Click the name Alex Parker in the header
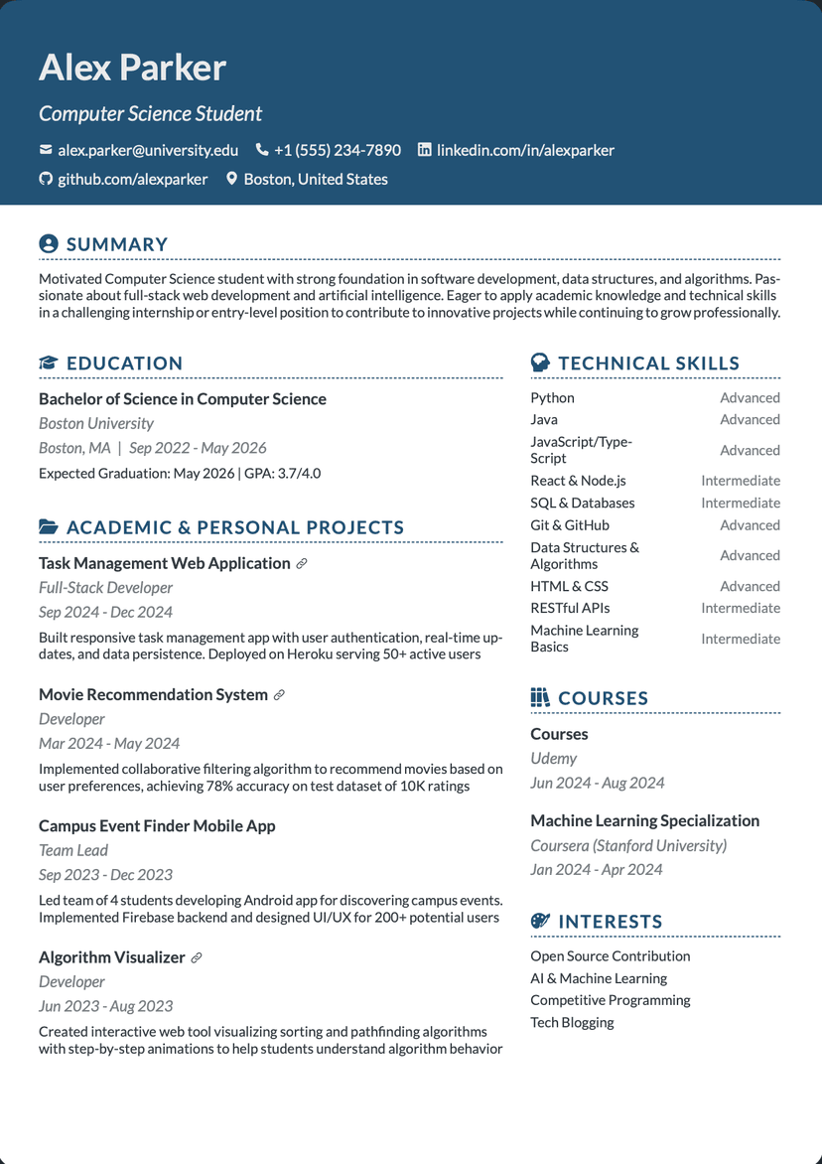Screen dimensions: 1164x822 (132, 68)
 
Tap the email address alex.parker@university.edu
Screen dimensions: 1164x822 (148, 150)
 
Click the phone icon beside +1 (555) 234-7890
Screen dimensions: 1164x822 (262, 150)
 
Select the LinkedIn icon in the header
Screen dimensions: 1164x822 (425, 150)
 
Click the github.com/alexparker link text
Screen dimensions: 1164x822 (132, 179)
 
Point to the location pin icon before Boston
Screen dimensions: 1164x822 (232, 179)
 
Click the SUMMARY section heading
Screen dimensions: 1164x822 (117, 244)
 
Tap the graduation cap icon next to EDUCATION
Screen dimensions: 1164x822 (48, 364)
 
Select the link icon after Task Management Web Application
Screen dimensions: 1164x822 (302, 564)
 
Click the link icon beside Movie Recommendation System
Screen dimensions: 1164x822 (279, 695)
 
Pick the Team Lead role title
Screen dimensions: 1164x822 (73, 850)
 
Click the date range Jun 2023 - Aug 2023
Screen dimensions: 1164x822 (105, 1005)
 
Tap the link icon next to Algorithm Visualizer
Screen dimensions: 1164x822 (197, 958)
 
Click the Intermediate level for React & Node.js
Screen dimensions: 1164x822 (740, 481)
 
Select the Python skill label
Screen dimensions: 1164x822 (552, 397)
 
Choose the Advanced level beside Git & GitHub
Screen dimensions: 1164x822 (750, 525)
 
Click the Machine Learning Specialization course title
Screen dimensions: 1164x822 (644, 820)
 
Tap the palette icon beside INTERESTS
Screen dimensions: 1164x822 (540, 922)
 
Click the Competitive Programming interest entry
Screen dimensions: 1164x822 (610, 1000)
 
